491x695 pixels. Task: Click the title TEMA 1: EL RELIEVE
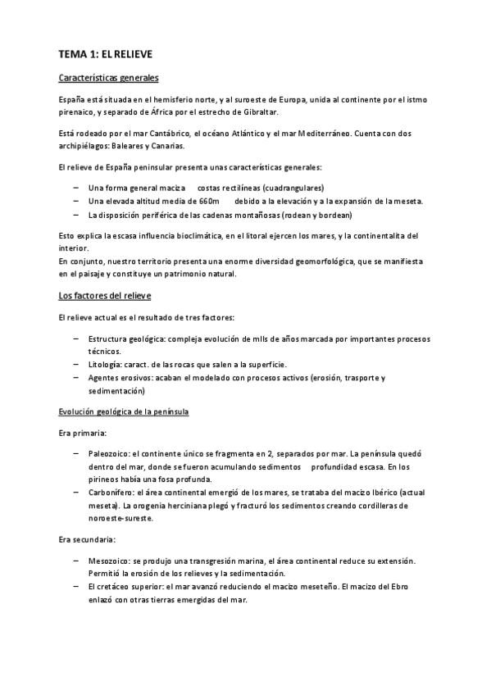click(x=106, y=54)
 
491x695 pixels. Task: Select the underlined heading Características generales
click(x=109, y=79)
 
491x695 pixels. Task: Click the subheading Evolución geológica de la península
click(x=124, y=411)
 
